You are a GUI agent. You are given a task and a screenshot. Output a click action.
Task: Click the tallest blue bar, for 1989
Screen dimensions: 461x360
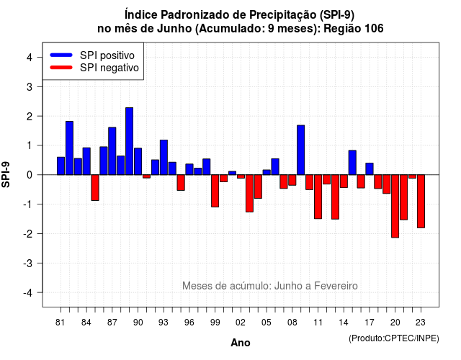click(130, 141)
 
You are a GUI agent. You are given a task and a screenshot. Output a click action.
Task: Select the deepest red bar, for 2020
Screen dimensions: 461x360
click(395, 206)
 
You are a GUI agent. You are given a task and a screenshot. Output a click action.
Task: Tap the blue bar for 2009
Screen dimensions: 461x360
click(301, 150)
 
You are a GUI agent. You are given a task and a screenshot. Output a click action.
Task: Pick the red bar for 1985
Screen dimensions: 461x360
click(95, 187)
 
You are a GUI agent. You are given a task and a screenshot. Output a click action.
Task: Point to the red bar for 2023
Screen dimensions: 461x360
click(421, 202)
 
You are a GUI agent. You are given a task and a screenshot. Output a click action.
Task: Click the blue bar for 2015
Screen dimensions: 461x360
click(352, 163)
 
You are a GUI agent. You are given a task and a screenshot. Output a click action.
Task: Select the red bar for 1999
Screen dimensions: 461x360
click(215, 191)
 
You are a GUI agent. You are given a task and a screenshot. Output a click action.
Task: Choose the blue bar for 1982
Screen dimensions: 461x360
click(69, 148)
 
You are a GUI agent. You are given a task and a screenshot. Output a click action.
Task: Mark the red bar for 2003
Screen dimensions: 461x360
click(249, 194)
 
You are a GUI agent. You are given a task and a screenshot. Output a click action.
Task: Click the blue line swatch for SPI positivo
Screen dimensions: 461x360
click(61, 55)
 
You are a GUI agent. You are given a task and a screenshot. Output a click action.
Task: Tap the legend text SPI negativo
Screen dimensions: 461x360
click(109, 68)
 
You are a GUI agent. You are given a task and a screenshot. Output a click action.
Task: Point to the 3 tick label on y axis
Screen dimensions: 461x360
click(29, 86)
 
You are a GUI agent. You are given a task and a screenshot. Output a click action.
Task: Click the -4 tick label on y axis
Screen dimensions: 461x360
click(28, 293)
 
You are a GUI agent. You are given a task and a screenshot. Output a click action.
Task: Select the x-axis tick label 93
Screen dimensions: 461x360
click(164, 323)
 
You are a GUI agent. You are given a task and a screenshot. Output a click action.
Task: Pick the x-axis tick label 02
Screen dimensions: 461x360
click(241, 323)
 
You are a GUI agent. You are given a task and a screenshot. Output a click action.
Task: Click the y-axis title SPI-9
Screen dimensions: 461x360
click(6, 174)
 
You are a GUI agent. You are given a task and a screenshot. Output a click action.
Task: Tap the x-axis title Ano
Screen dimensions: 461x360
click(241, 343)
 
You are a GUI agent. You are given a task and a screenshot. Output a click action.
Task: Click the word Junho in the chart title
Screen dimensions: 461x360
click(174, 29)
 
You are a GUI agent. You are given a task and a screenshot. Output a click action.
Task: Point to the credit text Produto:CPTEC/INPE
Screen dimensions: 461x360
click(394, 338)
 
